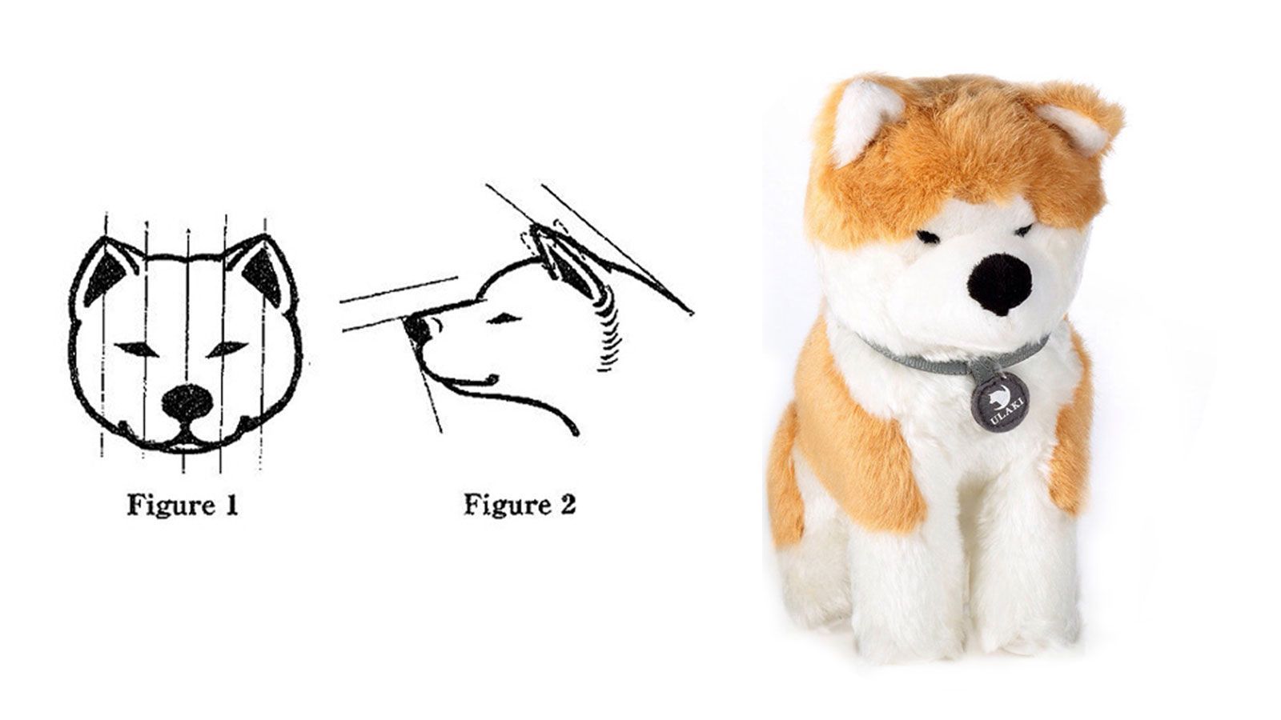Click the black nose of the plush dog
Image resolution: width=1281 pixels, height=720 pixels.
tap(1002, 284)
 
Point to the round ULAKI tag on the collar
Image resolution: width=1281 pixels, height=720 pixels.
tap(1000, 402)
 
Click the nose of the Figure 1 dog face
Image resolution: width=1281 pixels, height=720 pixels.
tap(187, 402)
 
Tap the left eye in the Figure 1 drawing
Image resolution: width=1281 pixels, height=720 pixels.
tap(137, 349)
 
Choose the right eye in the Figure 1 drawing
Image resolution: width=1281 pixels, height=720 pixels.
tap(227, 348)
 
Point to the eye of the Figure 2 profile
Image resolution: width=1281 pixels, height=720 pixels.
tap(504, 318)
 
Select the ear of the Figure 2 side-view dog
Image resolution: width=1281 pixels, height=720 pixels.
tap(566, 263)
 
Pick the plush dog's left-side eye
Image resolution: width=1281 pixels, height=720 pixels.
tap(927, 236)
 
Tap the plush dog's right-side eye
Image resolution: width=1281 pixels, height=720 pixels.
tap(1023, 230)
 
